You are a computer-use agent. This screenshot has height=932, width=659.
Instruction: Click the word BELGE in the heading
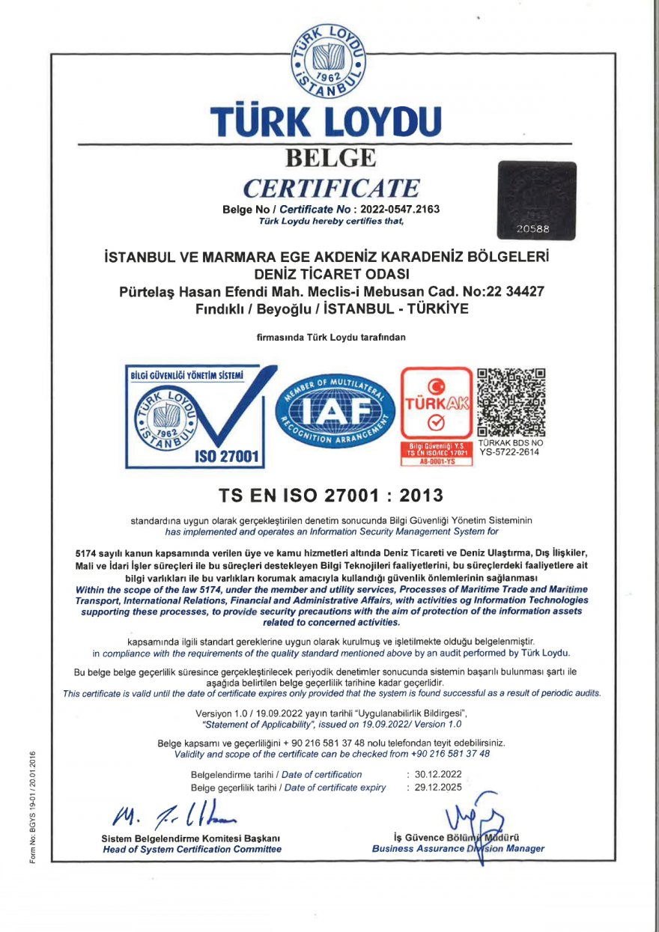330,158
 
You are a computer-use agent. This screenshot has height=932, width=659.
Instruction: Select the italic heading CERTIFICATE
331,187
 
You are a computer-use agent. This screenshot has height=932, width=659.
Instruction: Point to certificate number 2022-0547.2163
397,209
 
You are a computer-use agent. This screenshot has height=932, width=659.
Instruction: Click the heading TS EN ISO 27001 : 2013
330,495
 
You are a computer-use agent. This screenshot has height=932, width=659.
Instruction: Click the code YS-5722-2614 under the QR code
511,452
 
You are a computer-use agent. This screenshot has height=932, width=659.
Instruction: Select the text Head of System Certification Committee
191,849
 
